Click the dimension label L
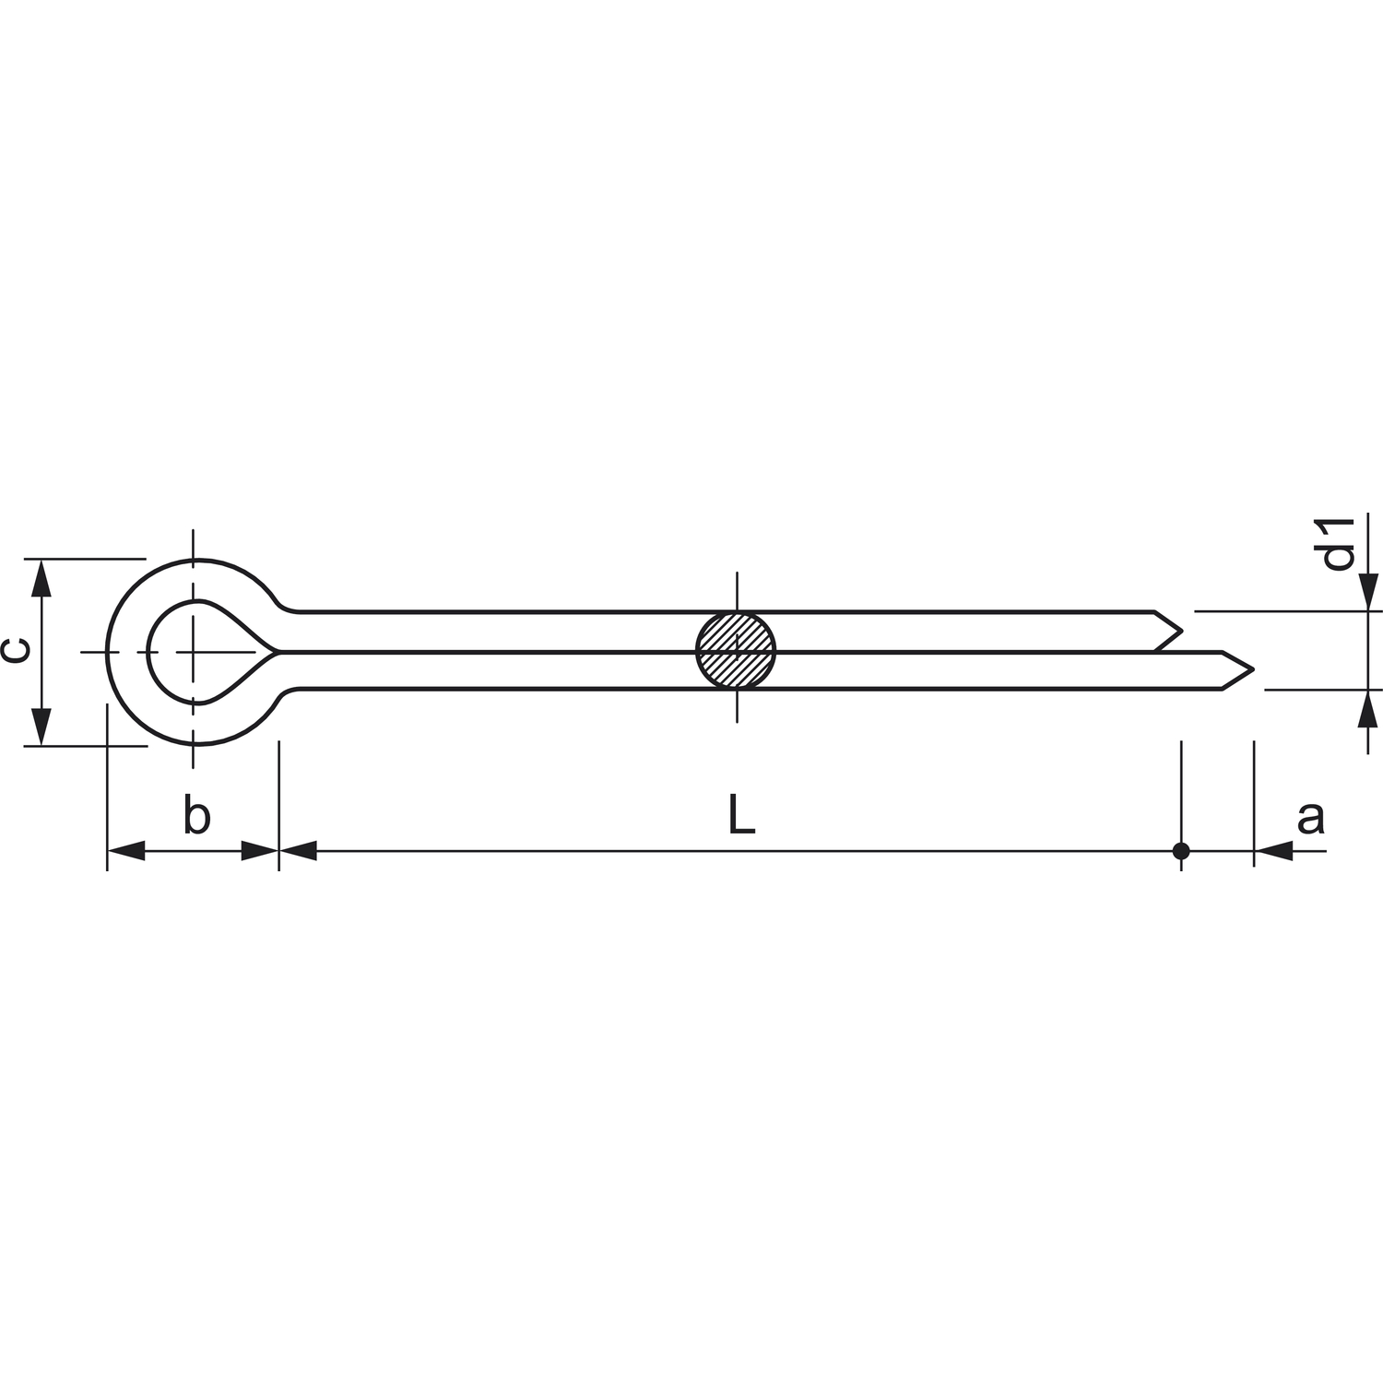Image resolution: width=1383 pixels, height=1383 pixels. [x=741, y=816]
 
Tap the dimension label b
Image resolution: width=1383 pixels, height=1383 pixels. [x=196, y=816]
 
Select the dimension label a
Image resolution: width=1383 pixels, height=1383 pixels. [x=1310, y=817]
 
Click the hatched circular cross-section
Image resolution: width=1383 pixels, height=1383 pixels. [x=736, y=650]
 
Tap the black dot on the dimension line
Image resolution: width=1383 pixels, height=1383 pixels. [x=1181, y=851]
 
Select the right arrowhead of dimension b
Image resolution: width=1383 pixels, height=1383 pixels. [x=260, y=851]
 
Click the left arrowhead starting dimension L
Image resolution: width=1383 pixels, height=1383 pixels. [x=298, y=851]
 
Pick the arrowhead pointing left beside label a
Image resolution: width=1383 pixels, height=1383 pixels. [x=1273, y=851]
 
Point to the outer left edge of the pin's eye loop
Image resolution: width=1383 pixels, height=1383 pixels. [x=108, y=651]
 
